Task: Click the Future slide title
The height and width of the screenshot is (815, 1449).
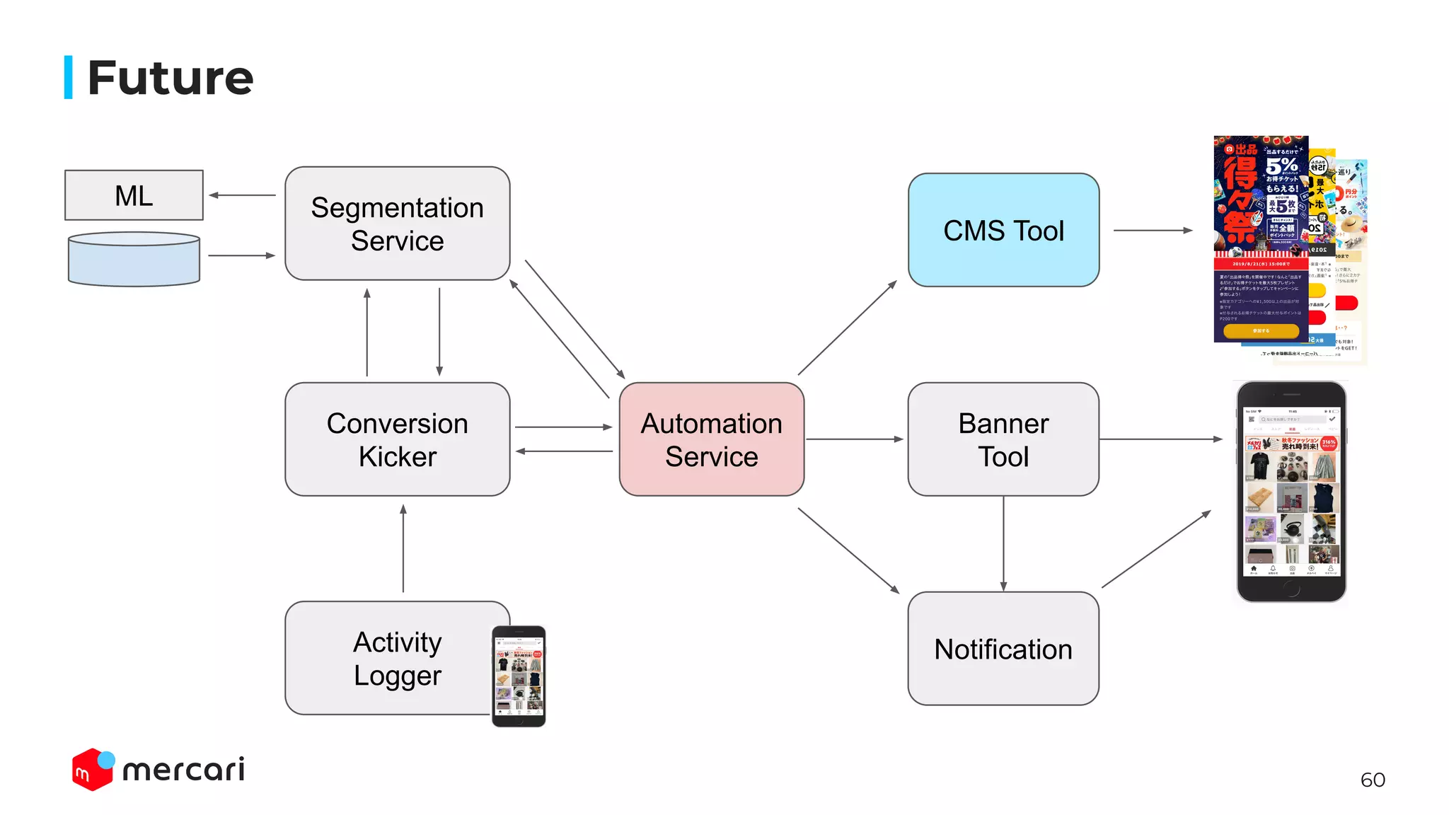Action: (170, 78)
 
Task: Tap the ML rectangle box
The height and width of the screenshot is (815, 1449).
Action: (134, 195)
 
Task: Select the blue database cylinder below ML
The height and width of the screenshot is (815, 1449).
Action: (134, 260)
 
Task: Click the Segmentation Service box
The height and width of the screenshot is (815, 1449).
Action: (397, 224)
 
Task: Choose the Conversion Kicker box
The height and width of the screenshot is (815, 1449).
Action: (397, 439)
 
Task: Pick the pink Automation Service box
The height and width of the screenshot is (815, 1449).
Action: (711, 439)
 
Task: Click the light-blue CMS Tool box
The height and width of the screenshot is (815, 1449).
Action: (1003, 231)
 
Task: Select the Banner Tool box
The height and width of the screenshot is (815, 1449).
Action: (1003, 439)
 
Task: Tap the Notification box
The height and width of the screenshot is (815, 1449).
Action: (1003, 649)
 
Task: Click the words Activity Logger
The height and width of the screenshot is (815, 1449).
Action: (397, 658)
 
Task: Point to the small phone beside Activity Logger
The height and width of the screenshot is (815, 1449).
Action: (519, 676)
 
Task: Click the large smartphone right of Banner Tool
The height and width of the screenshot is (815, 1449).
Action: (1291, 492)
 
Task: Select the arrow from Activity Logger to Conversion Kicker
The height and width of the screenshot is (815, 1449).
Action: (403, 548)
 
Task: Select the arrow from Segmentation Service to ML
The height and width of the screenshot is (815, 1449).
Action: (243, 195)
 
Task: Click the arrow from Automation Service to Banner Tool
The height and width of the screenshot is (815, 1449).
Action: (855, 439)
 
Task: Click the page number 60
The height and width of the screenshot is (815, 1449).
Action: (1372, 780)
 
